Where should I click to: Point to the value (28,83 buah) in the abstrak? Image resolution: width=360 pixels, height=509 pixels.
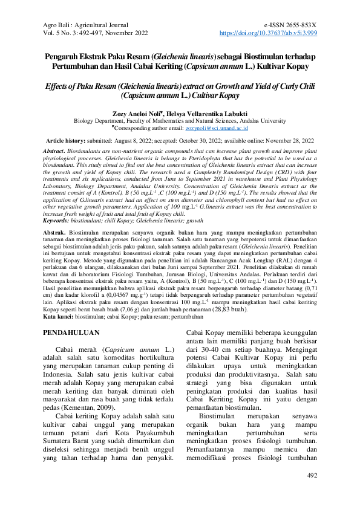[x=229, y=308]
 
